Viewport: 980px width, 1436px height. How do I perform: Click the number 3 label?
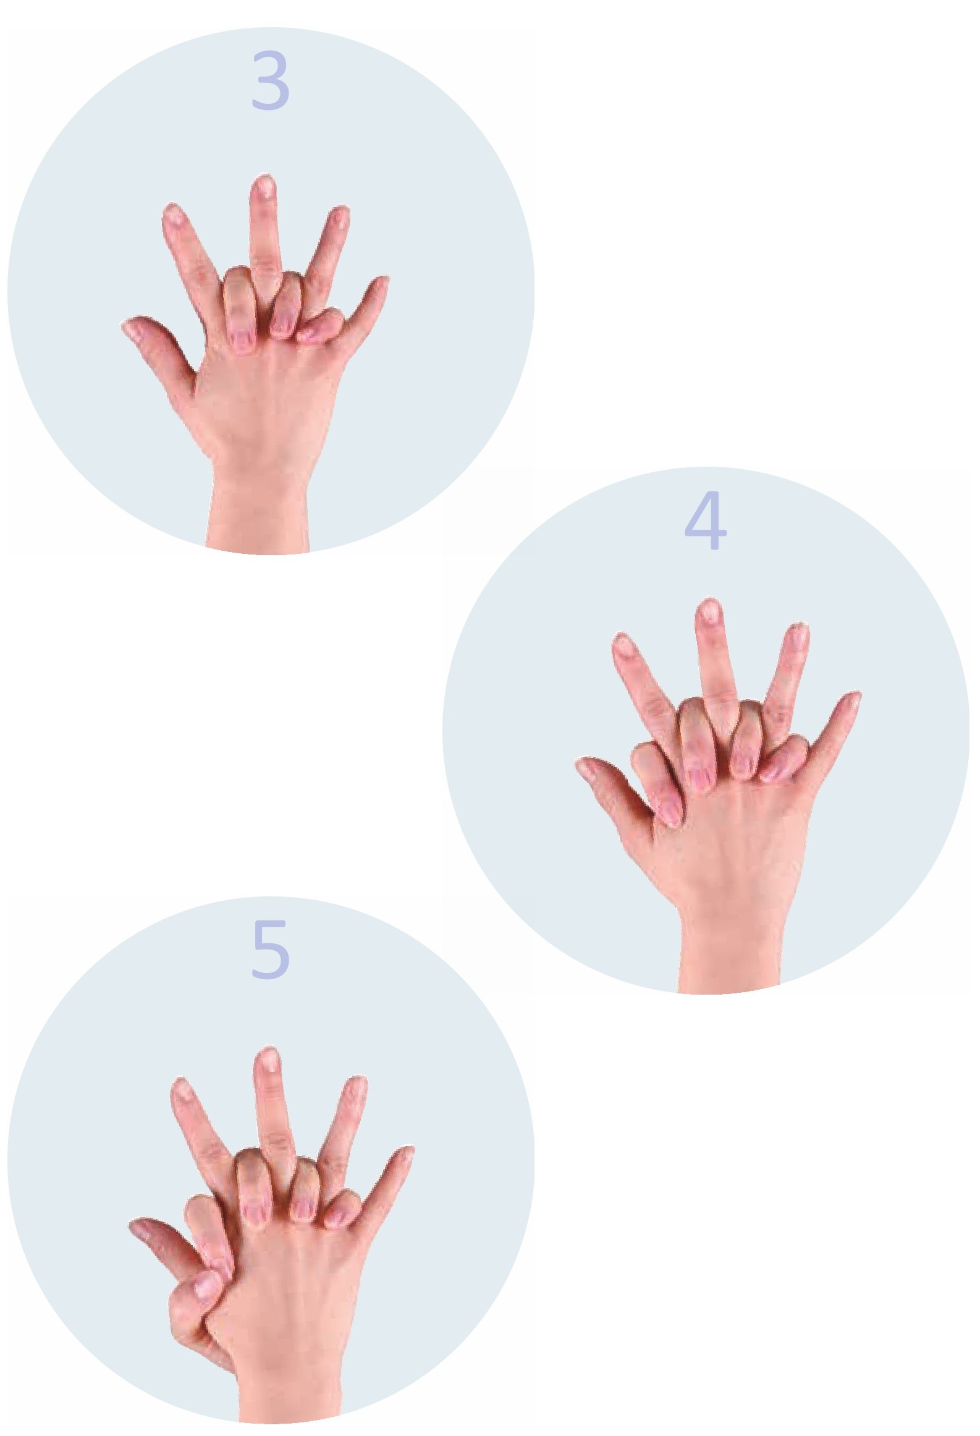270,81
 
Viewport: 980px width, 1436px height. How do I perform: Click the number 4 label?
705,520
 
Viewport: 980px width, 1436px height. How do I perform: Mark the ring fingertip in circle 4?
798,634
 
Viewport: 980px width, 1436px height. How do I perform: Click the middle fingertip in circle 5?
268,1058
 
